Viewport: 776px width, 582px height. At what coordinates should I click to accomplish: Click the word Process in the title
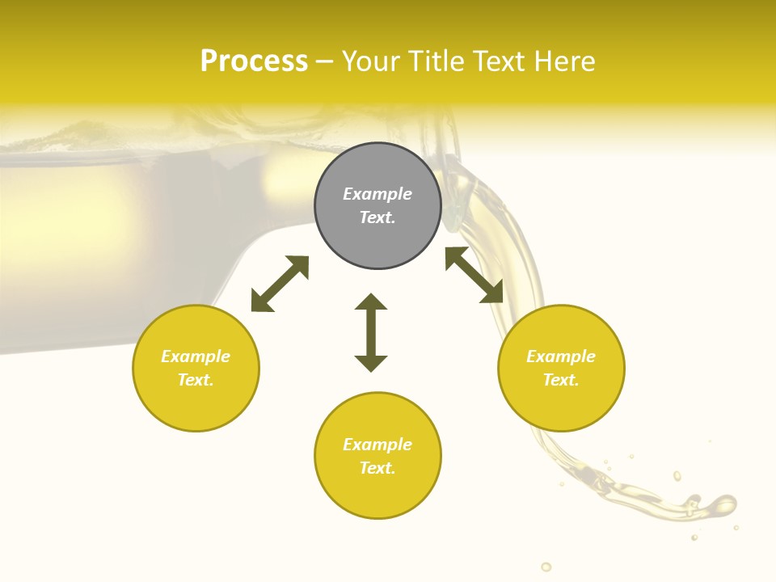tap(254, 61)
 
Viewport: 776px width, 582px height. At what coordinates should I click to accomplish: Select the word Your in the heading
tap(372, 61)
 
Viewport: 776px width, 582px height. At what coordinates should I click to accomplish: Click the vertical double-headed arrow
tap(371, 332)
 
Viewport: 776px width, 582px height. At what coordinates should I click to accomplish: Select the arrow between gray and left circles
tap(280, 284)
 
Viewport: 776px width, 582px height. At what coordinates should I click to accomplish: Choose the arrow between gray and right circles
tap(474, 275)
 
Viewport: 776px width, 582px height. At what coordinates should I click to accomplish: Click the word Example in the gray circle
tap(377, 194)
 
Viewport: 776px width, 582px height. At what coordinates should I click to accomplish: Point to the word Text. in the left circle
tap(196, 380)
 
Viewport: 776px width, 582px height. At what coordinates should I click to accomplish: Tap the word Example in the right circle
tap(561, 356)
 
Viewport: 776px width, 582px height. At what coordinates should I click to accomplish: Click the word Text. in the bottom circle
tap(377, 468)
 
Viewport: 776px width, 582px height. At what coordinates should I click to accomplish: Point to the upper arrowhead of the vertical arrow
tap(371, 302)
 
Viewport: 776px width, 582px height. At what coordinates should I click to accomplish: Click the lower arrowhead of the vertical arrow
tap(371, 363)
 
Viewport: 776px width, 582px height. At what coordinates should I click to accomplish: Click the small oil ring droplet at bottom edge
tap(546, 567)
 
